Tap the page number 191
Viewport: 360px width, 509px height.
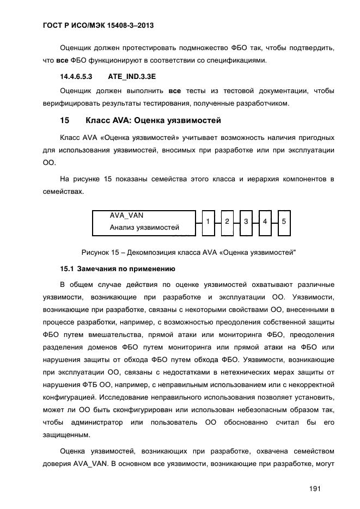314,488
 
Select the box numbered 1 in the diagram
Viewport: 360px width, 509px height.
208,222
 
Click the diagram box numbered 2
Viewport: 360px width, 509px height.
227,222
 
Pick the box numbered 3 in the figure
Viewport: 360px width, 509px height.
246,222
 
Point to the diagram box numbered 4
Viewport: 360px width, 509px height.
265,222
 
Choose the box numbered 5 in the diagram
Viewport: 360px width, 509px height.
284,222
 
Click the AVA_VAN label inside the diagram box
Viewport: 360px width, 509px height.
126,216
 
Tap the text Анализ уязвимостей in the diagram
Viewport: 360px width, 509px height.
144,228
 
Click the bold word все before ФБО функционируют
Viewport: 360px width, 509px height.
63,60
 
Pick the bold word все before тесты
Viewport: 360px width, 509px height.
175,90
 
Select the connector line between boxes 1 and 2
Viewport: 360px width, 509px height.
217,223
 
